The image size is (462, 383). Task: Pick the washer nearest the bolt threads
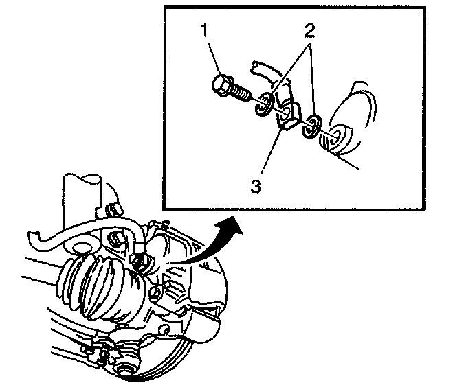click(263, 106)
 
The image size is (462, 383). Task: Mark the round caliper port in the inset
click(338, 137)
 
